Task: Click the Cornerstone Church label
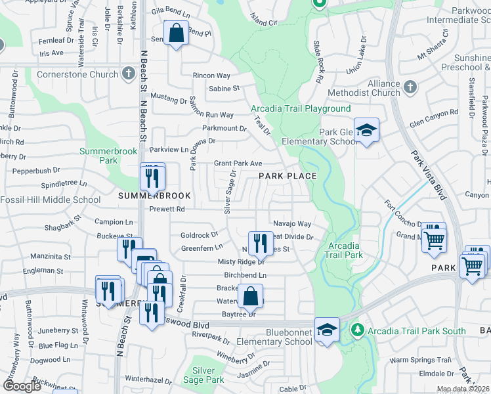coord(77,74)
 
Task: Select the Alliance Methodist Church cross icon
coord(410,87)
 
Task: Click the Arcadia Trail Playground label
coord(301,108)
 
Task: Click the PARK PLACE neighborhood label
coord(287,176)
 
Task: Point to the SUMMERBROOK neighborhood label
coord(154,196)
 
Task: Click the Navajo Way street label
coord(291,224)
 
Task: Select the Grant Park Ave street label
coord(238,164)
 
